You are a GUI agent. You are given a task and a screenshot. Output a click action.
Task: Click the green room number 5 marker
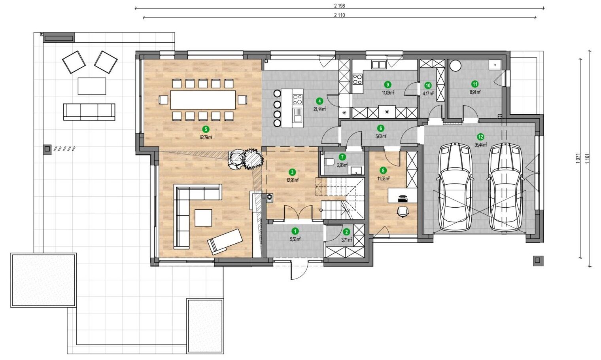pos(206,129)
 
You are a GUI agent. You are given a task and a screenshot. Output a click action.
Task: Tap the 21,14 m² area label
pos(319,109)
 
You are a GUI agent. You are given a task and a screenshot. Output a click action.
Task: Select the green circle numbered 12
pos(480,137)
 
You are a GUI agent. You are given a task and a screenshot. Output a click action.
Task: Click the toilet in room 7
pos(329,162)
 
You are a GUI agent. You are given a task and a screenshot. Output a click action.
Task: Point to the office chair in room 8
pos(403,212)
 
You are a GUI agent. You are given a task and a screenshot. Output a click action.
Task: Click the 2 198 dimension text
pos(339,6)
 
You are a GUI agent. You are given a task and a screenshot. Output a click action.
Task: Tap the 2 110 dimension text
pos(339,15)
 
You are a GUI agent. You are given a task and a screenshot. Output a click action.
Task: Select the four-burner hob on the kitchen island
pos(298,99)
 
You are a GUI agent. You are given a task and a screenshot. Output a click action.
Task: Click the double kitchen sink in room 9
pos(378,64)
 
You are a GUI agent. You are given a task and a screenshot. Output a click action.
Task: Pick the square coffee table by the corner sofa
pos(203,218)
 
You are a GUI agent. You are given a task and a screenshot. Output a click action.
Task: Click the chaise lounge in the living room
pos(225,242)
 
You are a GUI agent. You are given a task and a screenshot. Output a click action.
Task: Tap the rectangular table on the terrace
pos(92,86)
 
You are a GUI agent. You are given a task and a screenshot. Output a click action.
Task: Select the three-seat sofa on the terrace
pos(89,112)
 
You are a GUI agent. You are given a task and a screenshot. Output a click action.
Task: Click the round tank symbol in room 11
pos(455,66)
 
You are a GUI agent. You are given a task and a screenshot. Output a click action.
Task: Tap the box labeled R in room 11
pos(495,65)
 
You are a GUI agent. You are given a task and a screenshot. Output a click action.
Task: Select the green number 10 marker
pos(428,85)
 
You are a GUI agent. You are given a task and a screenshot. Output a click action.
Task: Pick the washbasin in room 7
pos(356,170)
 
